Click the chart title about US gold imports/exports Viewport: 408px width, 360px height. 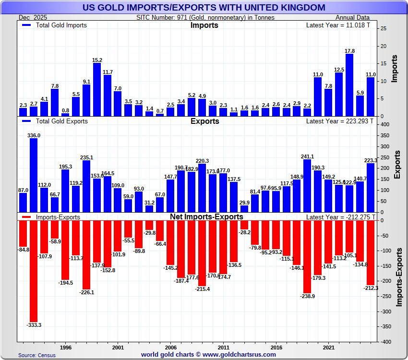point(204,8)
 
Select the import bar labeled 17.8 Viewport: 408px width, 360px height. point(349,85)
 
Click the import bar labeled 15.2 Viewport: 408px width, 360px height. point(97,90)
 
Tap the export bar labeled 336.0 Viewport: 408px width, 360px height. point(34,175)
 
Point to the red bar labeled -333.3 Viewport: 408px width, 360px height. point(34,271)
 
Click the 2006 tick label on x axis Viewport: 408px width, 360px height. point(171,347)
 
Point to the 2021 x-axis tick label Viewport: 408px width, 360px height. point(329,347)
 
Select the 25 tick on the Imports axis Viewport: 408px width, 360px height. point(383,29)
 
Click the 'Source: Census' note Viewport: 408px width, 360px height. point(37,355)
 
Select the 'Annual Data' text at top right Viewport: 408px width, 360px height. point(356,17)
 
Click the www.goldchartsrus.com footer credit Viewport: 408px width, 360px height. point(208,355)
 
